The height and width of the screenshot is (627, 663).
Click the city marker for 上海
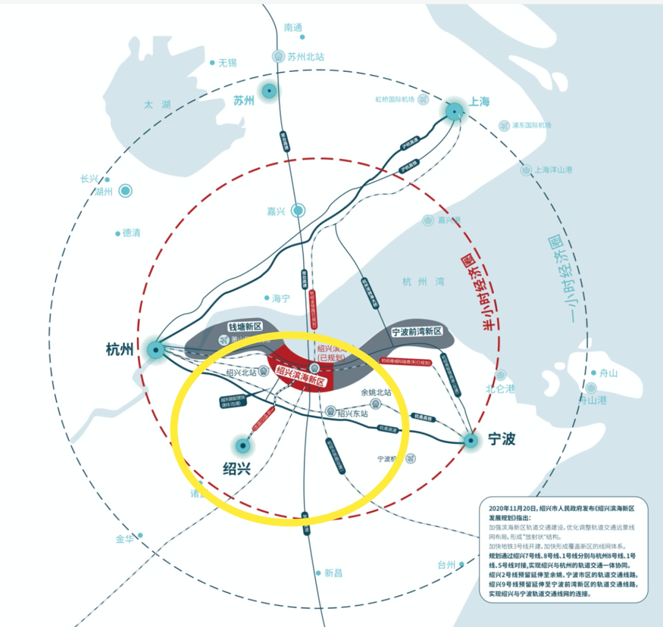pos(454,111)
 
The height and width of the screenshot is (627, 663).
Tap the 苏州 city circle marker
pos(268,92)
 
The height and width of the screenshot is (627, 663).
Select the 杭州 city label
pos(120,350)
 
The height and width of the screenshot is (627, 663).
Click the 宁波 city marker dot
pos(471,440)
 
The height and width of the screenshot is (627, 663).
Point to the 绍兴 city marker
pos(243,445)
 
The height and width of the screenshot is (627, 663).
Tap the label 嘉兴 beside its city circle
pos(276,211)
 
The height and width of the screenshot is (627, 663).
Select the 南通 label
pos(293,27)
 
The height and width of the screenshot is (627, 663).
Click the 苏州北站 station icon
pos(279,56)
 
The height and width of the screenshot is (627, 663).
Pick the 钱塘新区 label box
pos(245,327)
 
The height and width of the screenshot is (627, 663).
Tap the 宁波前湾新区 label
pos(417,332)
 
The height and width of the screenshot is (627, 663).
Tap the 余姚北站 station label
pos(376,392)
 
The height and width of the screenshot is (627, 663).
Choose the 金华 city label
pos(125,539)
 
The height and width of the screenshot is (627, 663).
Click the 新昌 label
pos(333,573)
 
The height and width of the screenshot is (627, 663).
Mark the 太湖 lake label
pos(157,105)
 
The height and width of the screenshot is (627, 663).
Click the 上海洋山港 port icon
pos(525,170)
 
